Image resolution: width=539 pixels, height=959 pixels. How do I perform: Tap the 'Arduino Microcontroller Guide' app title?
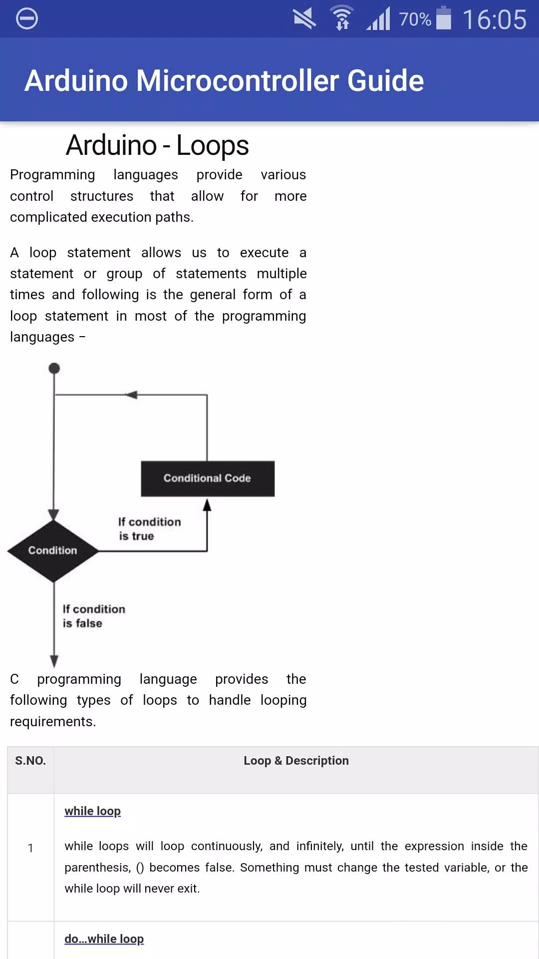(x=224, y=80)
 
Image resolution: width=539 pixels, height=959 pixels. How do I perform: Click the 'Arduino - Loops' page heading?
(x=157, y=145)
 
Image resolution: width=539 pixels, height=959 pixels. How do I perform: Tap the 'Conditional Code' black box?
(x=208, y=479)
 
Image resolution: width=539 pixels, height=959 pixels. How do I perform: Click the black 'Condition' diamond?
(x=53, y=550)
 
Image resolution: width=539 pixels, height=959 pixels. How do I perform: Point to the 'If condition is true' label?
(x=149, y=528)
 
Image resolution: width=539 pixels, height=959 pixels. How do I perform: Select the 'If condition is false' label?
(x=94, y=616)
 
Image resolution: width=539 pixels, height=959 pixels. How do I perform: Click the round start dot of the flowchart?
(x=54, y=369)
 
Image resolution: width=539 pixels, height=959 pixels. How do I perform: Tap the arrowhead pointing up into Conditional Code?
(x=207, y=504)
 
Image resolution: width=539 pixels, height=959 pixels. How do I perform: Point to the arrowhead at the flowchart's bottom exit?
(x=54, y=661)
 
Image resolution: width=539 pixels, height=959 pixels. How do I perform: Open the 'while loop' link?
(x=93, y=811)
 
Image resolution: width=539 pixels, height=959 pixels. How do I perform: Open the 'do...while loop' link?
(x=104, y=939)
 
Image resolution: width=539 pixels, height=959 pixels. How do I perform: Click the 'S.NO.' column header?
(x=30, y=761)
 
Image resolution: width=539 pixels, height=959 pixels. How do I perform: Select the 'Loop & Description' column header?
(x=296, y=761)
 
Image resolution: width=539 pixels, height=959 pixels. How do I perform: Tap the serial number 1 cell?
(x=30, y=848)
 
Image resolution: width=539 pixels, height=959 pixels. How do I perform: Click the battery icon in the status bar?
(x=444, y=18)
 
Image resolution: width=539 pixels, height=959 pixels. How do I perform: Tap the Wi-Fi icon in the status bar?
(x=342, y=18)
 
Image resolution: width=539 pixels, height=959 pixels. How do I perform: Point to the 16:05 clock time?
(x=495, y=19)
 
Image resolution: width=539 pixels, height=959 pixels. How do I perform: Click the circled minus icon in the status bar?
(x=27, y=18)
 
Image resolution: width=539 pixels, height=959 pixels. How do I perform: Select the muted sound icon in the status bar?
(x=304, y=18)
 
